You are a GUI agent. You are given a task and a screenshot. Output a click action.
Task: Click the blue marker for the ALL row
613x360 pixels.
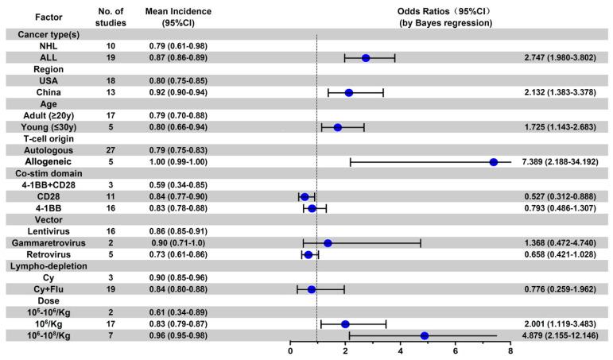[366, 58]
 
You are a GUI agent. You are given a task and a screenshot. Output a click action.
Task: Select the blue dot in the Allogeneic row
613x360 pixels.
[494, 162]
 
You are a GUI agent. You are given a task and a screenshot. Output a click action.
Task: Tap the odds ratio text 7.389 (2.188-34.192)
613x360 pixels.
[563, 162]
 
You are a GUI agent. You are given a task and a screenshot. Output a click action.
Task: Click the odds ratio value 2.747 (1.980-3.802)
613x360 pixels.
[563, 58]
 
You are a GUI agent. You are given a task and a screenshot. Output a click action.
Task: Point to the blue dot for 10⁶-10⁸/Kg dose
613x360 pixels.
[425, 336]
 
